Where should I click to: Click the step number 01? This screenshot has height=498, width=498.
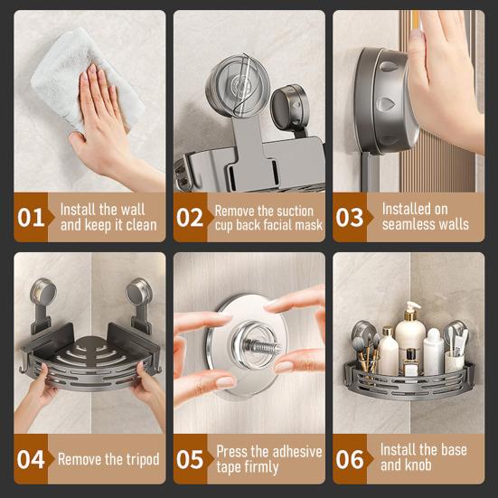(x=31, y=218)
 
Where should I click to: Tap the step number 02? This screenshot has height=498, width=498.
(x=190, y=218)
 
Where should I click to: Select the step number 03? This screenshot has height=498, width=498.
(x=350, y=218)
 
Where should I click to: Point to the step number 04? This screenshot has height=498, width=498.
(x=31, y=458)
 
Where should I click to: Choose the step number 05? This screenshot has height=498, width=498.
(x=190, y=458)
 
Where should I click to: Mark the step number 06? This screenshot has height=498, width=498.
(x=350, y=458)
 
